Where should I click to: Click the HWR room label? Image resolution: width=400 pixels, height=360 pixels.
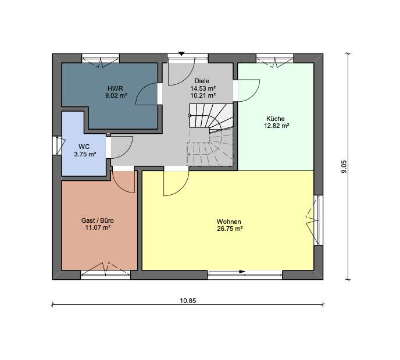pyautogui.click(x=116, y=89)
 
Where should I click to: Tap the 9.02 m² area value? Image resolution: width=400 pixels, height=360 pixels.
pyautogui.click(x=116, y=97)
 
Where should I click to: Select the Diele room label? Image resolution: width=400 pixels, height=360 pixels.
pyautogui.click(x=202, y=81)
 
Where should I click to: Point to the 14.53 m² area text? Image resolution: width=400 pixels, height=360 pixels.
pyautogui.click(x=202, y=88)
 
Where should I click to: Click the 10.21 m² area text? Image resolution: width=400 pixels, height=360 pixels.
pyautogui.click(x=202, y=95)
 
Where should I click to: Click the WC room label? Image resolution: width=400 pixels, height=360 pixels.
pyautogui.click(x=85, y=147)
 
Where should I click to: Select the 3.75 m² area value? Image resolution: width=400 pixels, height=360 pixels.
pyautogui.click(x=85, y=154)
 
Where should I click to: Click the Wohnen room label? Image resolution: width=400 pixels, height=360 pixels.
pyautogui.click(x=228, y=221)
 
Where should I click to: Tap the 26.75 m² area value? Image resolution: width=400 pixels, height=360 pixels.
pyautogui.click(x=229, y=229)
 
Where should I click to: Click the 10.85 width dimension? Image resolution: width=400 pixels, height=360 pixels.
pyautogui.click(x=188, y=300)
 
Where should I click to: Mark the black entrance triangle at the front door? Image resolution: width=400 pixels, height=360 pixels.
pyautogui.click(x=181, y=52)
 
